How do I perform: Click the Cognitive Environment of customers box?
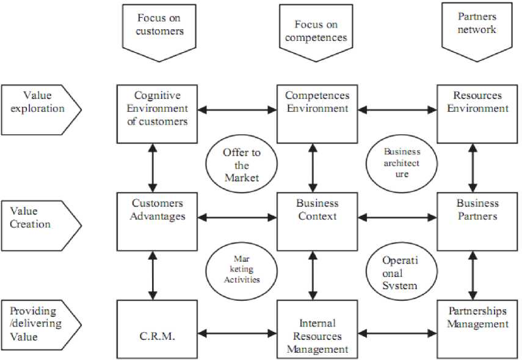pyautogui.click(x=158, y=113)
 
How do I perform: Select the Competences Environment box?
pyautogui.click(x=317, y=113)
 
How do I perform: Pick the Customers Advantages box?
pyautogui.click(x=158, y=221)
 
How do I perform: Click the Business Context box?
pyautogui.click(x=317, y=221)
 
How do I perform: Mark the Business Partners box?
pyautogui.click(x=477, y=221)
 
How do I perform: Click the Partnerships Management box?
pyautogui.click(x=477, y=326)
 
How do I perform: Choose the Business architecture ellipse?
pyautogui.click(x=401, y=162)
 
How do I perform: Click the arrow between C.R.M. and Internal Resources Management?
pyautogui.click(x=237, y=334)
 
